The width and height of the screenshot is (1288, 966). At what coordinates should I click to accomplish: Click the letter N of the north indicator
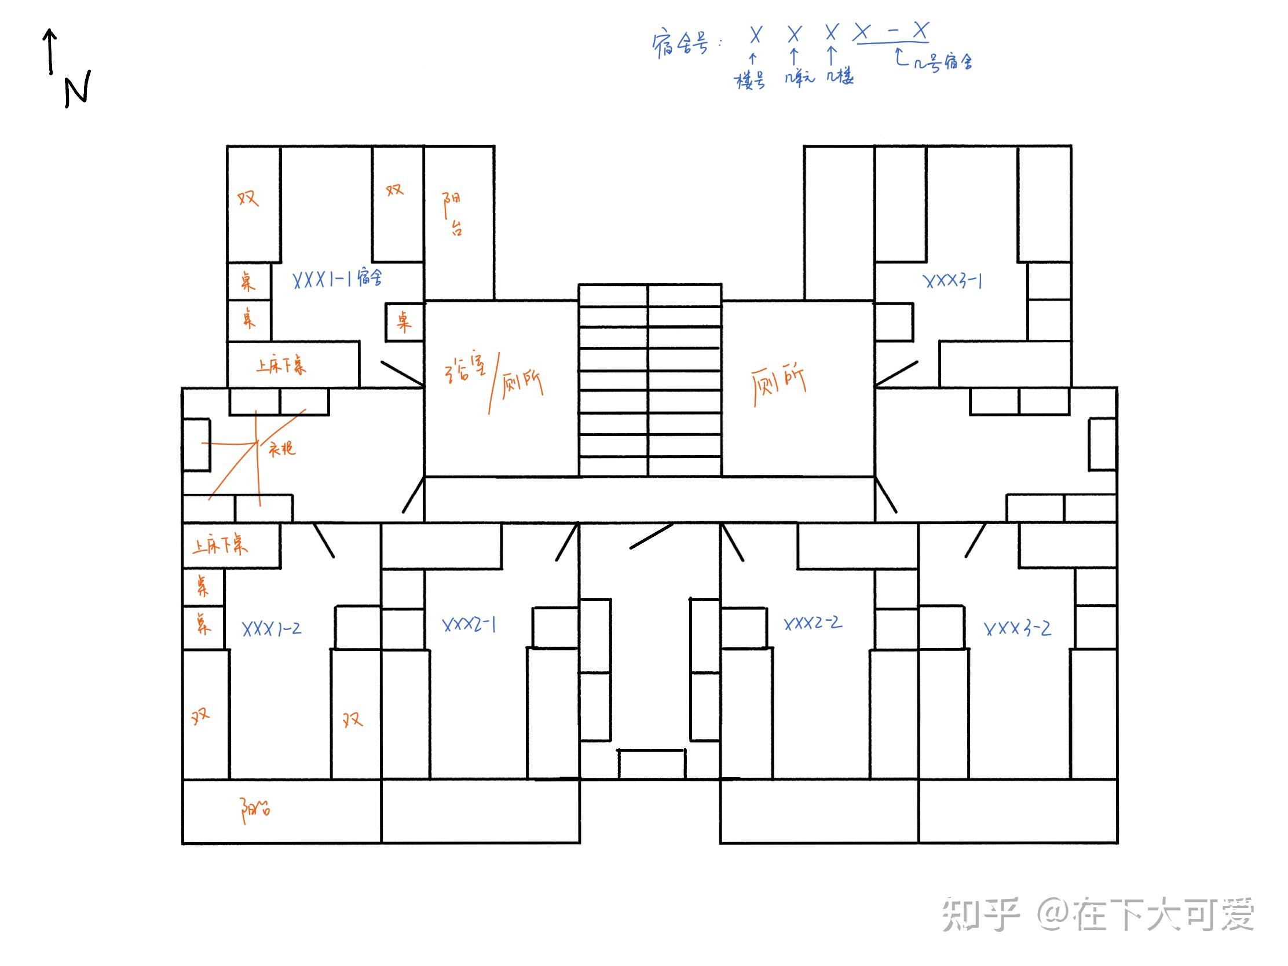[78, 90]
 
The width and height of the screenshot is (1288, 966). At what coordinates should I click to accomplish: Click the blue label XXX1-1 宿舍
[337, 279]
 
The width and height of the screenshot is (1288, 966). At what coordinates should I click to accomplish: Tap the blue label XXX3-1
[953, 281]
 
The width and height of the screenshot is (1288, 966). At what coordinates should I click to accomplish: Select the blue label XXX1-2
[272, 628]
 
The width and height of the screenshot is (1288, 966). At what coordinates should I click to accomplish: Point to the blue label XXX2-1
[469, 625]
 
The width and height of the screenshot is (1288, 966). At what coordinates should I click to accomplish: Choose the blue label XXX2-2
[813, 623]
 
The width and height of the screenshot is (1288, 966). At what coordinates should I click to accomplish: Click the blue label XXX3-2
[1017, 628]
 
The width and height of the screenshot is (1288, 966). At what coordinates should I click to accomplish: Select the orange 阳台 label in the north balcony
[453, 213]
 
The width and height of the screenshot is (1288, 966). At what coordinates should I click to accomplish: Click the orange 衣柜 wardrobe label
[282, 448]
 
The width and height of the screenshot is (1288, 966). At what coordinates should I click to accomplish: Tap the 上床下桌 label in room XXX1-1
[281, 365]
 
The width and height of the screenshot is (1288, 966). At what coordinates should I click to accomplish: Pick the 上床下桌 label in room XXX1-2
[220, 546]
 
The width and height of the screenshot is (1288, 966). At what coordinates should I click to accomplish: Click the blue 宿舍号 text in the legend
[680, 44]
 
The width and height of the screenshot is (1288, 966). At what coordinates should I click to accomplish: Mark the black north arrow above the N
[50, 51]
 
